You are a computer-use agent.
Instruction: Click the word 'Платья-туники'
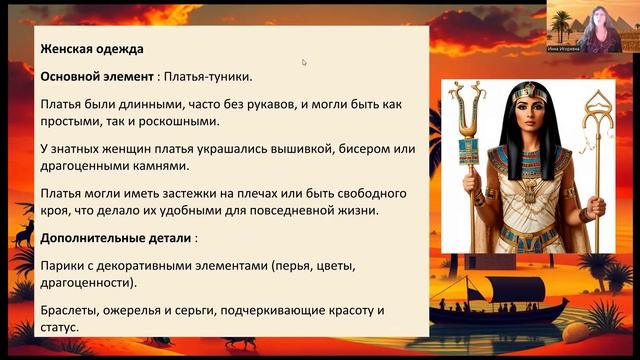point(208,76)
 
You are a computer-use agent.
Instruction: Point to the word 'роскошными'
point(171,122)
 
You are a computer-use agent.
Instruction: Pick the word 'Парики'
point(62,265)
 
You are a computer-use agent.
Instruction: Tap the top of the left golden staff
point(464,95)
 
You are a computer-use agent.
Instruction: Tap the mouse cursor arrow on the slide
point(304,62)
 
